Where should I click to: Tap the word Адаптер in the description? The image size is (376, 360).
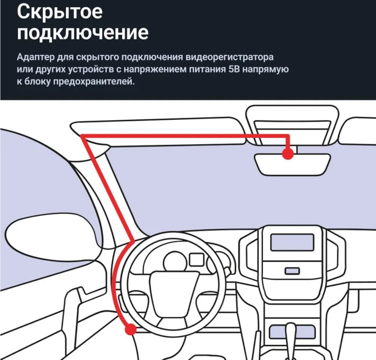click(x=35, y=57)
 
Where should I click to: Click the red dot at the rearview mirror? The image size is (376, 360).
click(x=288, y=154)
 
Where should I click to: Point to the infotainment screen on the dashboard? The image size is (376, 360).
click(x=292, y=242)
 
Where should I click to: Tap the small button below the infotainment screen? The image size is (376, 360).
click(x=292, y=271)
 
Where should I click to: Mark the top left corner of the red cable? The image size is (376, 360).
click(x=82, y=136)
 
